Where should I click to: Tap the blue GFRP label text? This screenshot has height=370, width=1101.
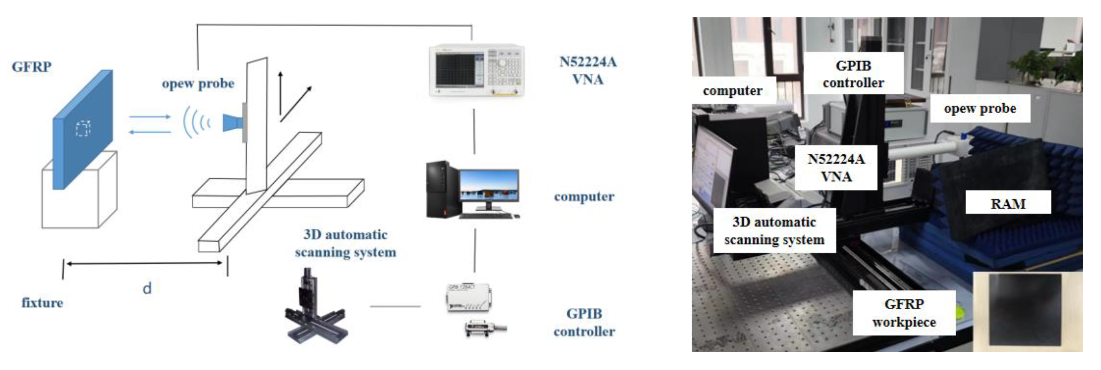click(x=32, y=67)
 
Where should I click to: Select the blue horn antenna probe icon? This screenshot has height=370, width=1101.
click(x=233, y=123)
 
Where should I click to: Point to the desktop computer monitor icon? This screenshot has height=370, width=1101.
click(x=489, y=187)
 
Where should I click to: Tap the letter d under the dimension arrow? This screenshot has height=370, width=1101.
click(x=147, y=288)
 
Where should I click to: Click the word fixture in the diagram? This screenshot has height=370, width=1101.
click(x=42, y=303)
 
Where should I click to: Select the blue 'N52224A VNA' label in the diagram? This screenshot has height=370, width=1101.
click(x=588, y=71)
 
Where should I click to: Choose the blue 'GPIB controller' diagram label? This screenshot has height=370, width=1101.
click(x=584, y=323)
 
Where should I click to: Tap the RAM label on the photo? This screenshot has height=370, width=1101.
click(x=1008, y=204)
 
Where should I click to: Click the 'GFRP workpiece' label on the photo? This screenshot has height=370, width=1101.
click(x=904, y=313)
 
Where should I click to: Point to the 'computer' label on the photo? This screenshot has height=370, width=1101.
click(x=733, y=91)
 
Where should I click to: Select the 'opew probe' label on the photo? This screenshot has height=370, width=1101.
click(x=980, y=108)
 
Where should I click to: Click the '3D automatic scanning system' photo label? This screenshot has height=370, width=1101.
click(x=774, y=231)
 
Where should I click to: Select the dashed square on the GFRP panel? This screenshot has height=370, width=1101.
click(x=83, y=128)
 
